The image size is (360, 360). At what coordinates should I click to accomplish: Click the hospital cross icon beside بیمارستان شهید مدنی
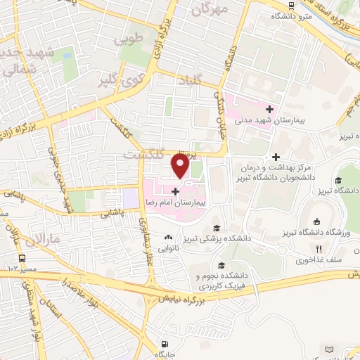tap(269, 109)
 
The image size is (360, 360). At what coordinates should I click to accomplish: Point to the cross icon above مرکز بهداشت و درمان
tap(276, 157)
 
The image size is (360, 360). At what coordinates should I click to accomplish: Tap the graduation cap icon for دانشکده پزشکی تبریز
tap(217, 228)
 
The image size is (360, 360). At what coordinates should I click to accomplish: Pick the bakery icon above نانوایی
tap(168, 237)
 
